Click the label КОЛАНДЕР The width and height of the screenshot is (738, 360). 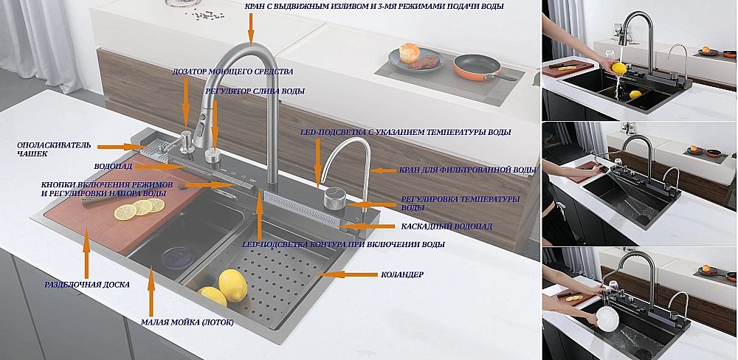[402, 274]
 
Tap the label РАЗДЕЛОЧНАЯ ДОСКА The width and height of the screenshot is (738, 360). [86, 285]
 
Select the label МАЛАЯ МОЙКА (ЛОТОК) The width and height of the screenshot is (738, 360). [187, 322]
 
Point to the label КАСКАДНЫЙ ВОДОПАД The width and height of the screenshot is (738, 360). [446, 226]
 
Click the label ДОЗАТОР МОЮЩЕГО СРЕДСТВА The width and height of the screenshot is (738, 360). [232, 72]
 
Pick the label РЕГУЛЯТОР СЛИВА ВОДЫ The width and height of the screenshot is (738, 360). [255, 91]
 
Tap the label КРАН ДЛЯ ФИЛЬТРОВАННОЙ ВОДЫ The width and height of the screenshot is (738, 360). [468, 170]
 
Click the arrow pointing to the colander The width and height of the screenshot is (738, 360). [346, 274]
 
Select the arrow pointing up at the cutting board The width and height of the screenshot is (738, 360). [86, 253]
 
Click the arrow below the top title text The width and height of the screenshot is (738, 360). [251, 30]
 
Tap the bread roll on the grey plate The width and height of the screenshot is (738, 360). [410, 52]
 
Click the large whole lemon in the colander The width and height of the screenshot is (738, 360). [232, 285]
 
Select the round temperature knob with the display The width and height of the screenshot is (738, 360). [334, 198]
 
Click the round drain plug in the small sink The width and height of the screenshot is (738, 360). [179, 258]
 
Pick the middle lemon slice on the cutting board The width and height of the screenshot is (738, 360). [142, 207]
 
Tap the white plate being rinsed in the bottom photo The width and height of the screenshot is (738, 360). [607, 319]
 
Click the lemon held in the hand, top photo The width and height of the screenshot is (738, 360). [618, 68]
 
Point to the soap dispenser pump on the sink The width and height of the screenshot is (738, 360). [187, 141]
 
